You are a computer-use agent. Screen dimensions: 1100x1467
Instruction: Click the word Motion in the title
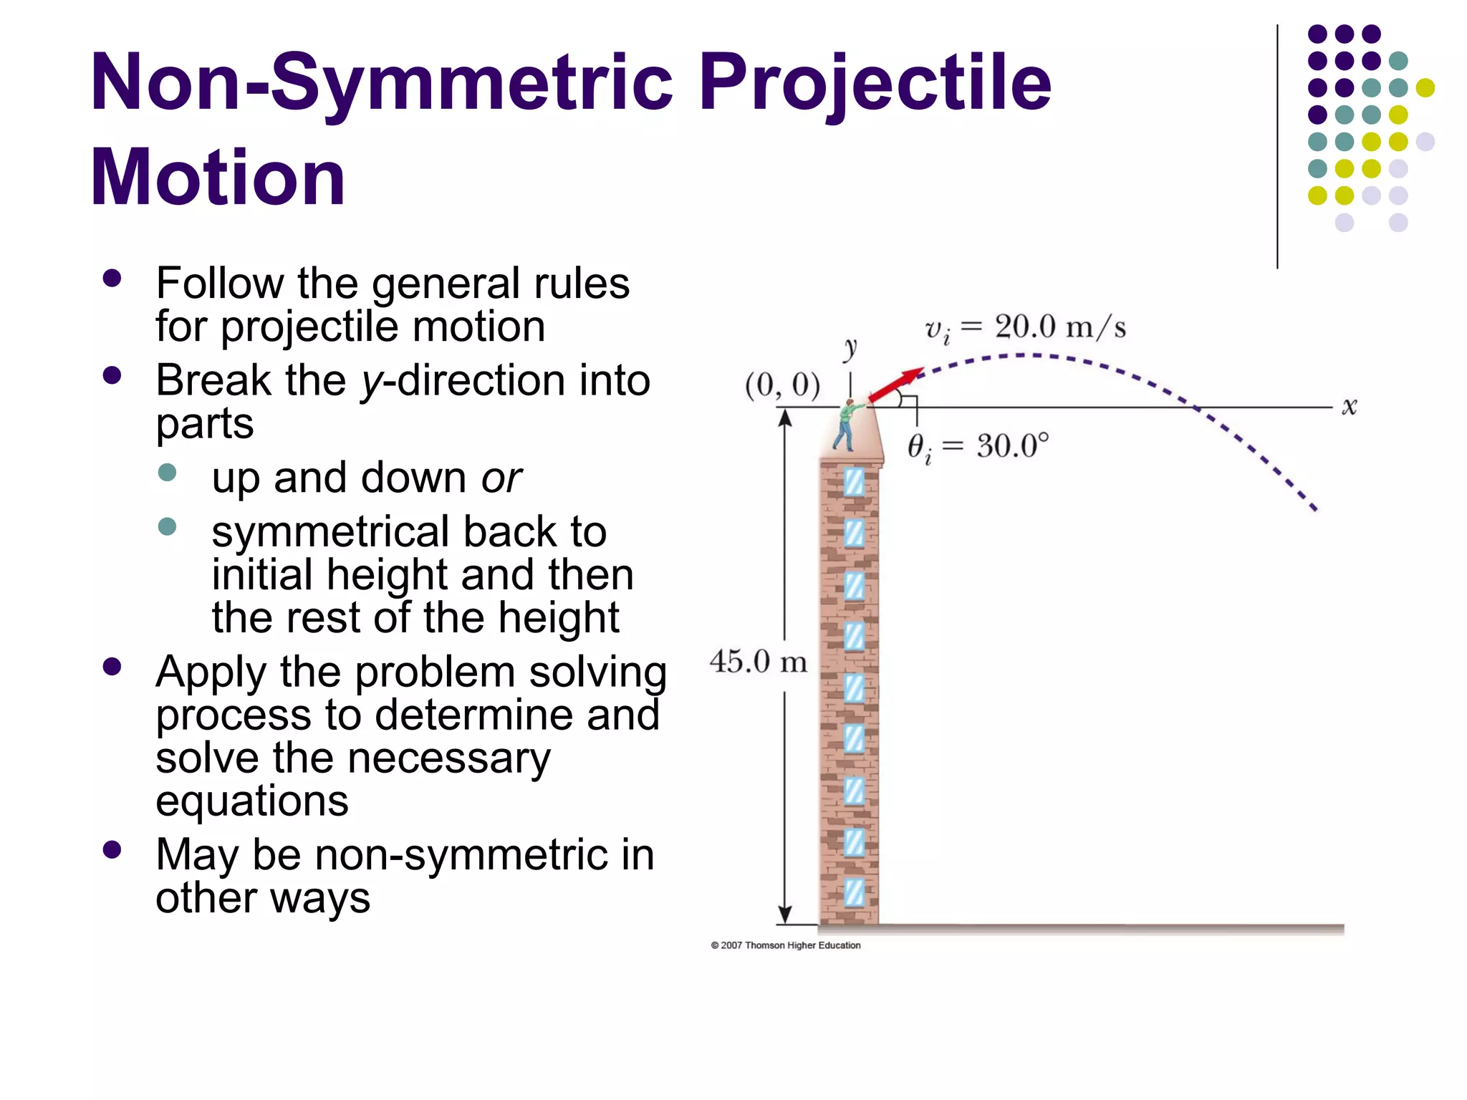(x=218, y=178)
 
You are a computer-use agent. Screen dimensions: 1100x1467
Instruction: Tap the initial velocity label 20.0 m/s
(x=1060, y=327)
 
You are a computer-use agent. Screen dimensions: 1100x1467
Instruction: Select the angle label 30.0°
(x=1011, y=446)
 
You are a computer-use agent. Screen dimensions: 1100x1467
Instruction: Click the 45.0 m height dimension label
(x=758, y=662)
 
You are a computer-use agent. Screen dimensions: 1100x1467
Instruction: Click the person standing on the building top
(x=846, y=425)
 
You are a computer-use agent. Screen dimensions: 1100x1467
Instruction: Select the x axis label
(x=1349, y=407)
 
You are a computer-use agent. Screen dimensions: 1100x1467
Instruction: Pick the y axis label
(x=850, y=349)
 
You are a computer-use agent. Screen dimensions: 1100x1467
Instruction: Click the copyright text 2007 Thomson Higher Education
(x=786, y=945)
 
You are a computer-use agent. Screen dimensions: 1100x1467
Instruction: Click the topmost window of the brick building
(x=854, y=482)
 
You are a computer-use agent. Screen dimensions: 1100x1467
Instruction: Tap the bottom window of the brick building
(x=854, y=893)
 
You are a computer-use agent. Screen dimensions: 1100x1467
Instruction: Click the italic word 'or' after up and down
(x=501, y=478)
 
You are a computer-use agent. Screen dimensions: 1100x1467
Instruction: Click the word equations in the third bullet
(x=252, y=801)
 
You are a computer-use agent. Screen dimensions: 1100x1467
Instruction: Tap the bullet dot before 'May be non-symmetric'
(x=112, y=849)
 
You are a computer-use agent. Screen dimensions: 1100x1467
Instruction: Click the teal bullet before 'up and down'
(x=167, y=473)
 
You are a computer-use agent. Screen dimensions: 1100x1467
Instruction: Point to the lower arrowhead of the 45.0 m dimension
(x=785, y=915)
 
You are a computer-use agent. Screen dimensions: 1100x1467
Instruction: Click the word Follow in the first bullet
(x=220, y=284)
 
